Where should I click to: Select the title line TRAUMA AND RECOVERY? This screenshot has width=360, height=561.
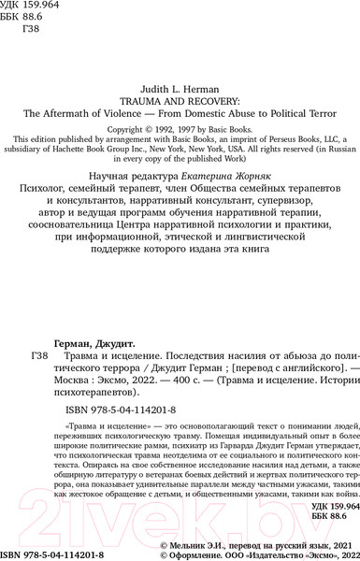(x=180, y=94)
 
